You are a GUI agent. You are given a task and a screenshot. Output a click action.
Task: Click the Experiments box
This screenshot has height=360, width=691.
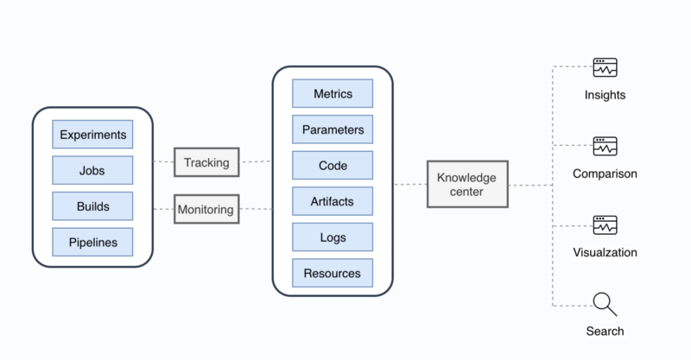tap(92, 135)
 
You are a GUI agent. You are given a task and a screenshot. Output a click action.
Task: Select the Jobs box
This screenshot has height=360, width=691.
tap(92, 170)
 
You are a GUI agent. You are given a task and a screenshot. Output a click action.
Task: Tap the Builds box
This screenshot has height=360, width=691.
tap(92, 206)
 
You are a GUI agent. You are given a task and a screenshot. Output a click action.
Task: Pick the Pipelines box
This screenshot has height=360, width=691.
tap(92, 242)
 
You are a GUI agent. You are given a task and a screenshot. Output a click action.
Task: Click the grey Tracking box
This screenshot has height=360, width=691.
tap(206, 162)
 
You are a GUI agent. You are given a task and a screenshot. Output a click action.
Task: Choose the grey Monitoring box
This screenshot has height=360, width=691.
tap(206, 209)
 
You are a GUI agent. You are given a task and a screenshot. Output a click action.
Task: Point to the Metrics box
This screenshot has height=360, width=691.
tap(333, 93)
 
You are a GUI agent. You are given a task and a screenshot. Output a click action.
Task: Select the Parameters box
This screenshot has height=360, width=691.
tap(333, 129)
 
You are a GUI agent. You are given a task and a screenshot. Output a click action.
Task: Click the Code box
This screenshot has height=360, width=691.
tap(333, 165)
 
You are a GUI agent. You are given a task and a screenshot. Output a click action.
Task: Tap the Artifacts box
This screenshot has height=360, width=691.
tap(333, 201)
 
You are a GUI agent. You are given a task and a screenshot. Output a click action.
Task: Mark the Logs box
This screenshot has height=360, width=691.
tap(333, 237)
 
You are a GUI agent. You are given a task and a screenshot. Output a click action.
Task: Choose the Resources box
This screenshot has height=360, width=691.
tap(333, 273)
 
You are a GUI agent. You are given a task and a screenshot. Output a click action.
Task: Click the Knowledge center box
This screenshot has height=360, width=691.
tap(467, 184)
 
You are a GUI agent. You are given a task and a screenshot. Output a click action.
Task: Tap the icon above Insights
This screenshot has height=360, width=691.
tap(605, 67)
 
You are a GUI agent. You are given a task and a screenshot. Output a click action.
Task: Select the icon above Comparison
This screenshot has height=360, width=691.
tap(605, 146)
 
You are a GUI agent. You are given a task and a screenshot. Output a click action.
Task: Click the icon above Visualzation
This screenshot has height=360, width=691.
tap(605, 225)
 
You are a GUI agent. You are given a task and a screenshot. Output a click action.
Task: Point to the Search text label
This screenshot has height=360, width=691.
tap(605, 332)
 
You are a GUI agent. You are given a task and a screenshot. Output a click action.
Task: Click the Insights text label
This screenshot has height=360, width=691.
tap(605, 95)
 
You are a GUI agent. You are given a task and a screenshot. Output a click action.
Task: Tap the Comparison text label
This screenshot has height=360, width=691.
tap(605, 174)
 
